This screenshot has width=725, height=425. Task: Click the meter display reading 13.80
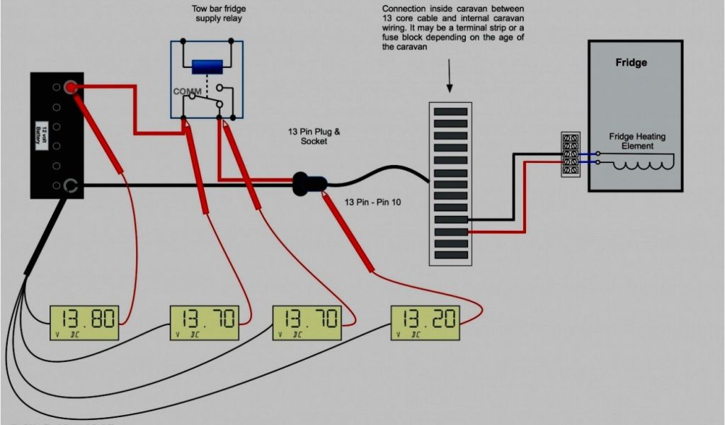(x=85, y=322)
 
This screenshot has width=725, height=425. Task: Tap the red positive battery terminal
(x=69, y=88)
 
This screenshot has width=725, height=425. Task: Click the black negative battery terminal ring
(x=69, y=186)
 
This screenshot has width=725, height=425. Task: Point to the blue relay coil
(x=207, y=67)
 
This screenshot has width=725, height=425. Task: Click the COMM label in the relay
(x=187, y=92)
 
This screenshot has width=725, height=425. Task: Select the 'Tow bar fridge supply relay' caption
(x=219, y=13)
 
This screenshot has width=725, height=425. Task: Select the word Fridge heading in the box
(x=631, y=62)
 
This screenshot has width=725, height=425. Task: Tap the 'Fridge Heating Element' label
(x=637, y=141)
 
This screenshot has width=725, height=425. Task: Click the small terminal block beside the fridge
(x=571, y=154)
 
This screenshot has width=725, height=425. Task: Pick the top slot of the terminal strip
(x=450, y=111)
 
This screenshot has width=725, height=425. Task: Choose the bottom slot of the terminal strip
(x=450, y=254)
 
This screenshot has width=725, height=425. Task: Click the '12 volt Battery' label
(x=40, y=135)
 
